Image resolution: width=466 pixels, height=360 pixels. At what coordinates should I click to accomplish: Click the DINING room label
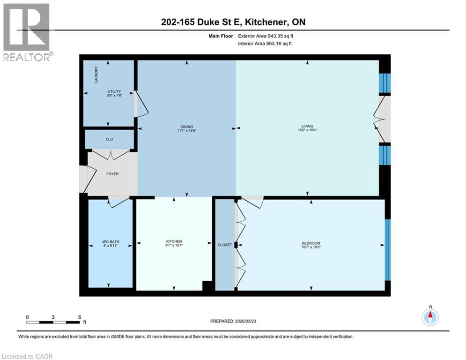pos(186,127)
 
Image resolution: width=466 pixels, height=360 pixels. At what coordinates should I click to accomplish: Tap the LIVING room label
pos(307,127)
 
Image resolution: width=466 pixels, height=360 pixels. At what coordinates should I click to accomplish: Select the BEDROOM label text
pos(311,243)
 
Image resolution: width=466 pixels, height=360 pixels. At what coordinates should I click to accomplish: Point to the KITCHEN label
pos(173,241)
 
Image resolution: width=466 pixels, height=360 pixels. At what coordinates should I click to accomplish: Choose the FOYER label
pos(112,174)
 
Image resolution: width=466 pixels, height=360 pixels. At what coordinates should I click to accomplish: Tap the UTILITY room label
pos(114,91)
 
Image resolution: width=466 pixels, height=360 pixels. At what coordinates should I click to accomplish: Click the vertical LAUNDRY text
pos(96,75)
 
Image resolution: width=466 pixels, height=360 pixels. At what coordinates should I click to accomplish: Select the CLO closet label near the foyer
pos(109,139)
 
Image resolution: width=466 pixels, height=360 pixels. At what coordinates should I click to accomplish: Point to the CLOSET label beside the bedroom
pos(225,245)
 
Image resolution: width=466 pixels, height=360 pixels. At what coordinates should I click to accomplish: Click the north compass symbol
pos(430,317)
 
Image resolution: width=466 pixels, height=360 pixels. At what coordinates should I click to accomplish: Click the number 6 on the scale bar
pos(80,317)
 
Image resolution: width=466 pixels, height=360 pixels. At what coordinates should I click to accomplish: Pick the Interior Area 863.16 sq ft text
pos(265,44)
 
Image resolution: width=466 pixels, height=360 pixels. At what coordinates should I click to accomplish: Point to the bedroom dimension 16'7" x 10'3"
pos(311,247)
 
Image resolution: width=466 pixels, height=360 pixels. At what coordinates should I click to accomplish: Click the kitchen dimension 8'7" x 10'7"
pos(173,246)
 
